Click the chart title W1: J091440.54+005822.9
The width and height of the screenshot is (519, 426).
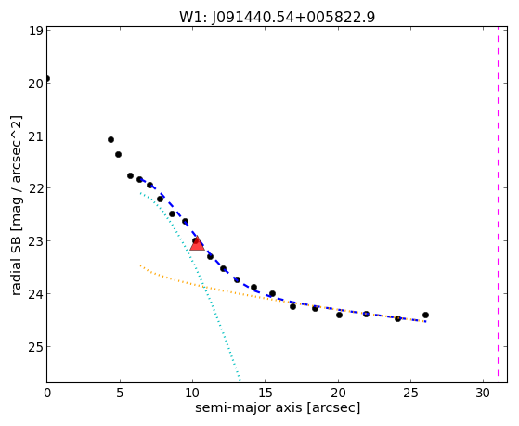[277, 17]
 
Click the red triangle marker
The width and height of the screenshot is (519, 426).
[197, 243]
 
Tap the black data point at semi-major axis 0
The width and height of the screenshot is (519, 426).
[47, 79]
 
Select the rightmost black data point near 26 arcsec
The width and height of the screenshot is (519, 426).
[425, 316]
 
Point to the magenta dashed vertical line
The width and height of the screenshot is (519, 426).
[498, 204]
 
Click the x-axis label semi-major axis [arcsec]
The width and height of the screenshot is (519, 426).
[278, 407]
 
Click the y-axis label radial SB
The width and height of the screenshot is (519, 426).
[17, 205]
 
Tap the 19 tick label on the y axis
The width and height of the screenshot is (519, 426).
[35, 31]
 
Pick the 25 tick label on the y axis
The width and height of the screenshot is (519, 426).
[35, 347]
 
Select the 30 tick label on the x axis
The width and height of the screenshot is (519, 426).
[483, 393]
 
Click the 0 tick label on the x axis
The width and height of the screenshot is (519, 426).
[47, 393]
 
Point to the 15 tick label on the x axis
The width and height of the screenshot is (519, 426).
[266, 393]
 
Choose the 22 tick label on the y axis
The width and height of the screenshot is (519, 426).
[35, 188]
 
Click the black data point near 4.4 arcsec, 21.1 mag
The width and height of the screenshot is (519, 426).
[110, 140]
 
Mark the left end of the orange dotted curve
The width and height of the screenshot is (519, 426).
[140, 265]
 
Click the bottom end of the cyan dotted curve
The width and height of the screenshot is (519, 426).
[240, 380]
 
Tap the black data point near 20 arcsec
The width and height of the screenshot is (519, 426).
[339, 316]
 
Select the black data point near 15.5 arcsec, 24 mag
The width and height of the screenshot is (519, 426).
[272, 293]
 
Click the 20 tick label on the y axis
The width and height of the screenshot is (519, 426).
[35, 84]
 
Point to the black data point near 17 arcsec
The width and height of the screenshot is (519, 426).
[293, 307]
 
